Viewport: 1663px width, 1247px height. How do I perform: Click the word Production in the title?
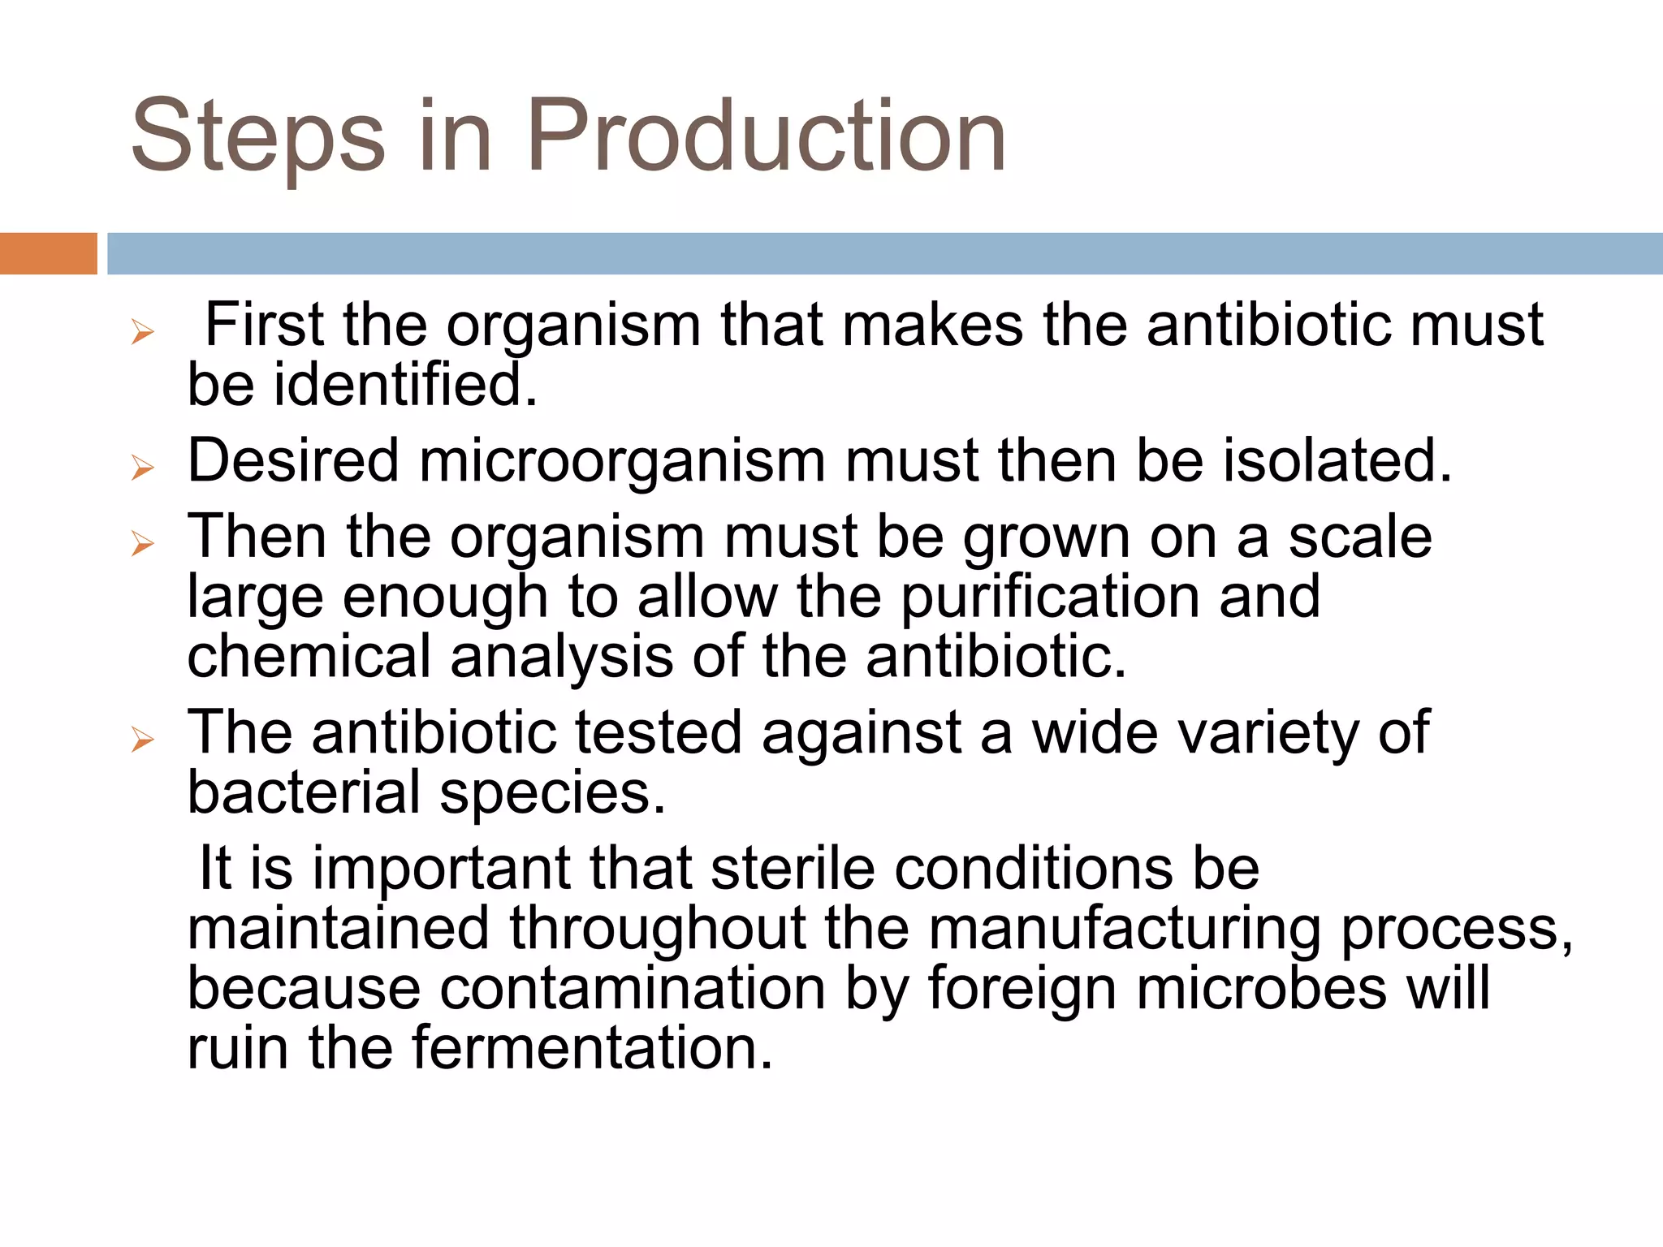pyautogui.click(x=767, y=136)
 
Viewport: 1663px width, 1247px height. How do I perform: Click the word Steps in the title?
pyautogui.click(x=257, y=136)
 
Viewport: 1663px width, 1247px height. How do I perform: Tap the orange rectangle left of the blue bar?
pyautogui.click(x=48, y=253)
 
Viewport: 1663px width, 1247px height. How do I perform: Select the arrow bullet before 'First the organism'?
pyautogui.click(x=143, y=332)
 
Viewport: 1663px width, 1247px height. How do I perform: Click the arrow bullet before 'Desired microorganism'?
pyautogui.click(x=143, y=468)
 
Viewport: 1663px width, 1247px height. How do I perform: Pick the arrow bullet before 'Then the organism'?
pyautogui.click(x=143, y=543)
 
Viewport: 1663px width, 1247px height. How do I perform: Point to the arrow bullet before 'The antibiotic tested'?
pyautogui.click(x=143, y=739)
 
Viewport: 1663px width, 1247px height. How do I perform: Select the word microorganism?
pyautogui.click(x=622, y=460)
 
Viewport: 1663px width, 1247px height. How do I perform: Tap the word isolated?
pyautogui.click(x=1337, y=460)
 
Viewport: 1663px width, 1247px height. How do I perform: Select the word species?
pyautogui.click(x=552, y=794)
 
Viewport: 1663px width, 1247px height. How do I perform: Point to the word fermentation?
pyautogui.click(x=592, y=1047)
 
